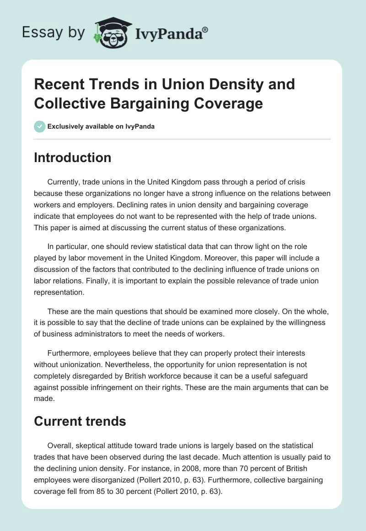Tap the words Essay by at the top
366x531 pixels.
(x=54, y=32)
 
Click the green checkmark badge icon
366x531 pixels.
(x=40, y=126)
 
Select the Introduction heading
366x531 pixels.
(x=72, y=157)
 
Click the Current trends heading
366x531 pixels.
(x=80, y=421)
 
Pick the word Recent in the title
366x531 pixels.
(x=59, y=84)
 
